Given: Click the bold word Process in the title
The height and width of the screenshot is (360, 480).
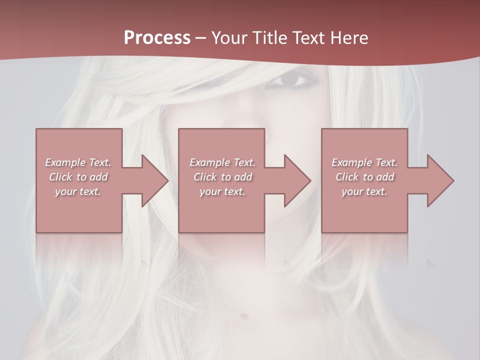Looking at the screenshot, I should tap(157, 37).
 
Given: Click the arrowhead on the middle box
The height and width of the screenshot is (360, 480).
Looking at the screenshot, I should tap(297, 180).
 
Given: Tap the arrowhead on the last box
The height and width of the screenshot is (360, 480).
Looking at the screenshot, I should tap(440, 180).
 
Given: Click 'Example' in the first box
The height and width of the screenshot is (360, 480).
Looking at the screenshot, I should tap(65, 162).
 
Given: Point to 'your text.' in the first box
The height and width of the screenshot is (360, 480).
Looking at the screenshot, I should tap(78, 191).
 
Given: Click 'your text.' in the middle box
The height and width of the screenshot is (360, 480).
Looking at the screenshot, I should tap(222, 191).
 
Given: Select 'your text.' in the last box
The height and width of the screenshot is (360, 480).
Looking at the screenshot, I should tap(364, 191).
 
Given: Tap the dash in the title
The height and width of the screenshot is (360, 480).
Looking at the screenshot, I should tap(200, 37).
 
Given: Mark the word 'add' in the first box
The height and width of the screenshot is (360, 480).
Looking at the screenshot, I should tap(99, 177).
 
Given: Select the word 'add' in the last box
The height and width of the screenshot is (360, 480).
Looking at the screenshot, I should tap(385, 177).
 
